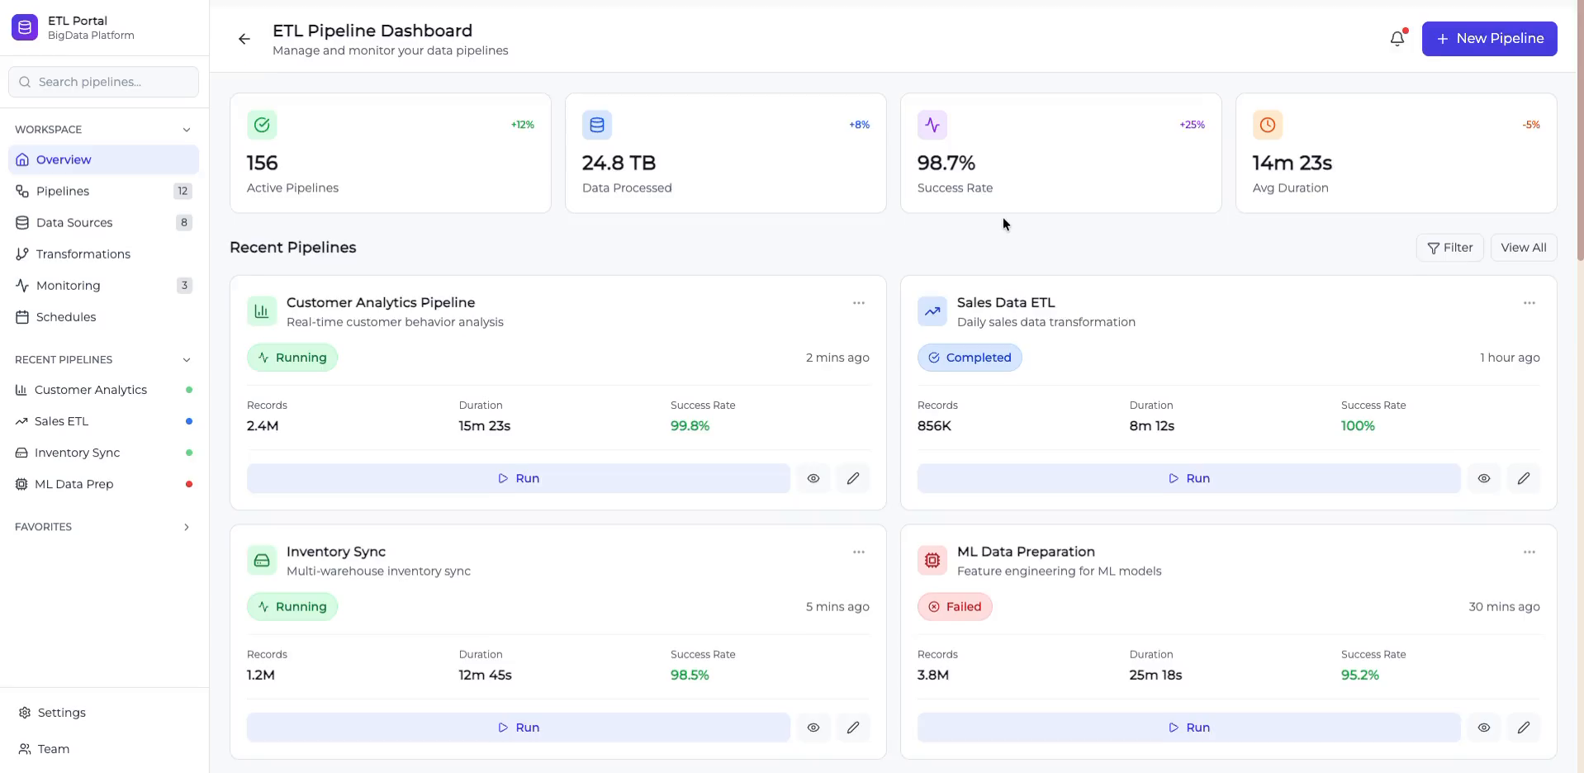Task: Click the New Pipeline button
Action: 1489,39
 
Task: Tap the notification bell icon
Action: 1397,39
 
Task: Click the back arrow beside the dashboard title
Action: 244,39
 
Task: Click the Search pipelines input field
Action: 103,82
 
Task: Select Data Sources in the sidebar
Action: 74,222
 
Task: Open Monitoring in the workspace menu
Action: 68,285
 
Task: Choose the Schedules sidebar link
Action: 66,316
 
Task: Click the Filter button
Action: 1449,248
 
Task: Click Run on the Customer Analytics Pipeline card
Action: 518,478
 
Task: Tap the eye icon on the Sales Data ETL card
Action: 1483,478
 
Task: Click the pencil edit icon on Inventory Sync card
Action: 852,728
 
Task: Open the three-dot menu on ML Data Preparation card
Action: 1529,552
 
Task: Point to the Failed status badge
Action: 955,607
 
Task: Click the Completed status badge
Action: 970,358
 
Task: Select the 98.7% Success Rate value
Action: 946,163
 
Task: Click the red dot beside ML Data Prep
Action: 189,484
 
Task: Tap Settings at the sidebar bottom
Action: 61,713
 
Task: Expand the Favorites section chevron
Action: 187,527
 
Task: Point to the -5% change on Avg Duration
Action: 1530,125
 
